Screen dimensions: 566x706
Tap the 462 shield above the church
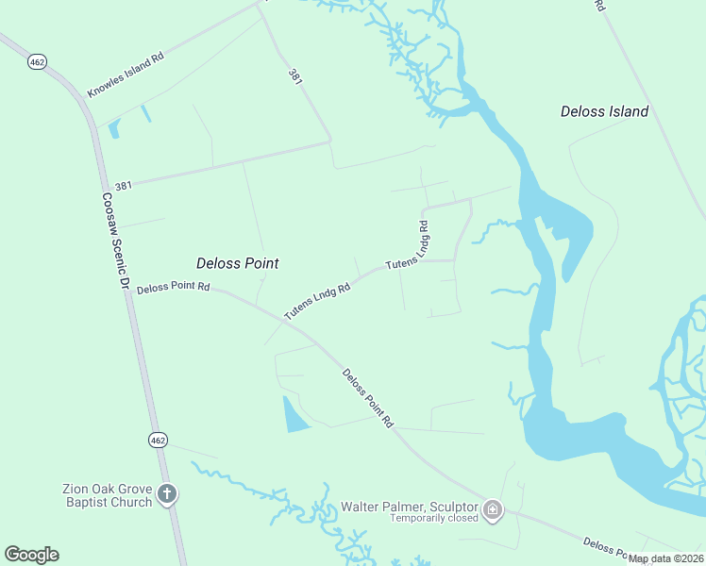(158, 440)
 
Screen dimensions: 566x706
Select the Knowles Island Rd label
(126, 75)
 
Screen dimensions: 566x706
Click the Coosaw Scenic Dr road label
(114, 241)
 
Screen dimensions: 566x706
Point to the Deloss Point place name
(237, 263)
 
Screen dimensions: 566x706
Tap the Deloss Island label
(604, 111)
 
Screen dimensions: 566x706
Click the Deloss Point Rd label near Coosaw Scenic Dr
(173, 289)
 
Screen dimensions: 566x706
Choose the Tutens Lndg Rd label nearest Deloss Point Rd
(317, 300)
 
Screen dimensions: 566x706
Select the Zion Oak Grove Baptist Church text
(107, 495)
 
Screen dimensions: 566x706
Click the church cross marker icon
(167, 494)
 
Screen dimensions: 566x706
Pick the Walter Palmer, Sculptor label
(409, 507)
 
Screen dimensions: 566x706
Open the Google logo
(31, 555)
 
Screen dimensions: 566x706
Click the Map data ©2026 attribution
(666, 558)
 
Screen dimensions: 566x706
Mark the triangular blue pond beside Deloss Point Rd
(294, 415)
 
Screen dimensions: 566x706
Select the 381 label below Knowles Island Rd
(295, 79)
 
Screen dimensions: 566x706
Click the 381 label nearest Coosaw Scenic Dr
(123, 186)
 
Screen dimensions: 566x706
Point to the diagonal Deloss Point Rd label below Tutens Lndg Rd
(367, 399)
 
